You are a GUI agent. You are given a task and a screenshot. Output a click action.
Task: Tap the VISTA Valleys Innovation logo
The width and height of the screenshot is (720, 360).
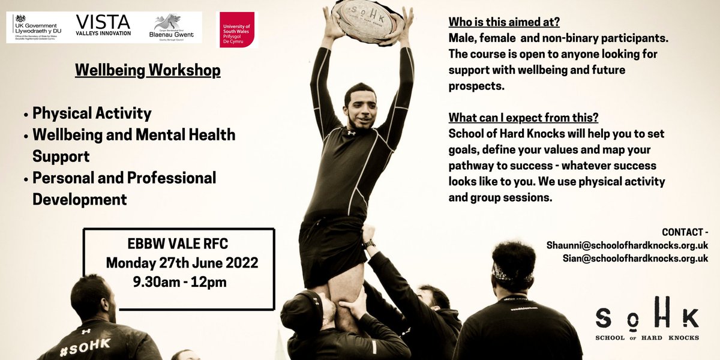click(x=103, y=26)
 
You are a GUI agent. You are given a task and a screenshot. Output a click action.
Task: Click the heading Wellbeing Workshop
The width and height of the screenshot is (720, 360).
click(x=148, y=71)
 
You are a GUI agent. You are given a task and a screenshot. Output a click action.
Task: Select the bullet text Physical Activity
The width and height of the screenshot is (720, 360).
click(x=92, y=113)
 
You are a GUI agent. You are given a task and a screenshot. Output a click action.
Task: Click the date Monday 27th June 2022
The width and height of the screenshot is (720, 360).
click(x=182, y=263)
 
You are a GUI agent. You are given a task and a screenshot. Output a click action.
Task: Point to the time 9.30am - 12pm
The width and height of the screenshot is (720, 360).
click(x=180, y=280)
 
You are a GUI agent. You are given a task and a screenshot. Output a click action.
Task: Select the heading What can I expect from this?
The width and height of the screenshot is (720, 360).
click(x=523, y=117)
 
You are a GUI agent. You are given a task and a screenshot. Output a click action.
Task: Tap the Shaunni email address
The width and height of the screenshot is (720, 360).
click(x=627, y=245)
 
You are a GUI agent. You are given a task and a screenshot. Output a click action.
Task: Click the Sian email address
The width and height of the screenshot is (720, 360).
click(x=635, y=259)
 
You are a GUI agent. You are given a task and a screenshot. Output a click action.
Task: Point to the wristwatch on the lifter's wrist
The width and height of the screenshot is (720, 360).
click(x=368, y=243)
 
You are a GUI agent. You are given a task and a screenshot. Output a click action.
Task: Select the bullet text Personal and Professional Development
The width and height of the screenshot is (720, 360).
click(x=124, y=188)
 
